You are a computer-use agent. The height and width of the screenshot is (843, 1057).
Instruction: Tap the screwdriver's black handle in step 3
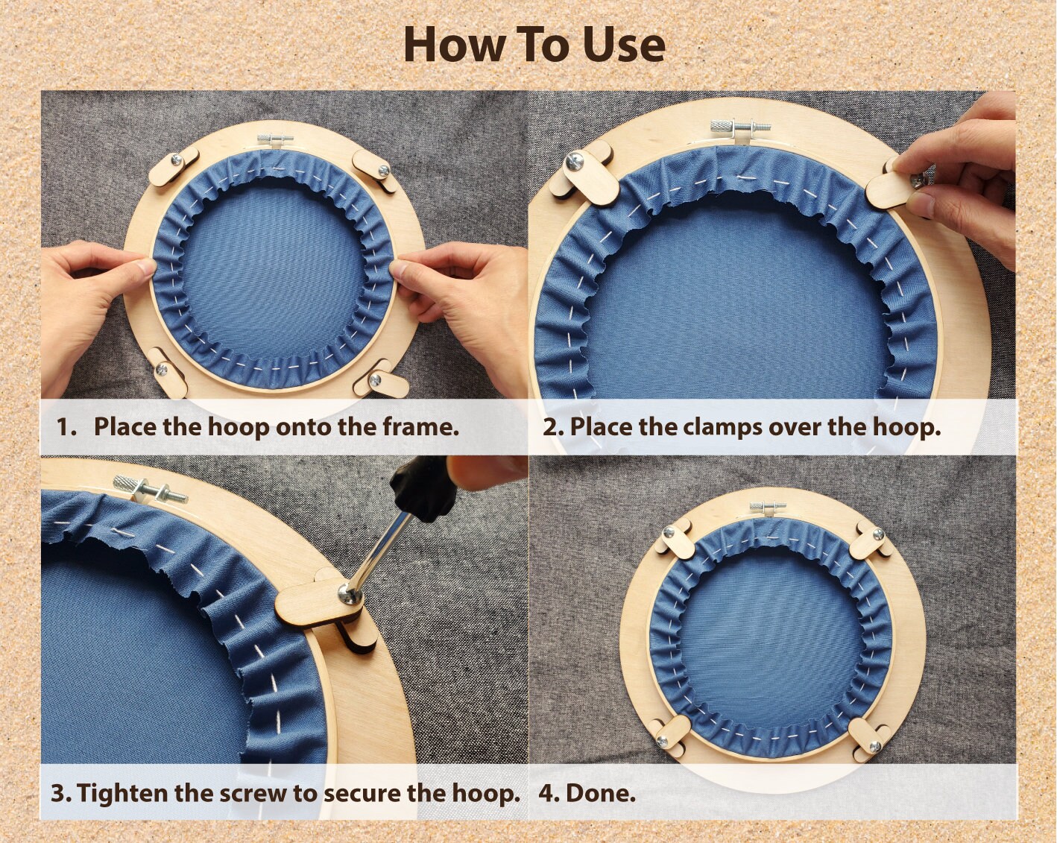click(423, 489)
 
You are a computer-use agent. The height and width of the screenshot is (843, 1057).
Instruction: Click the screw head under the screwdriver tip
click(350, 596)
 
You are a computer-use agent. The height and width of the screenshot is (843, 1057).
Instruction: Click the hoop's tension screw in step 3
click(149, 489)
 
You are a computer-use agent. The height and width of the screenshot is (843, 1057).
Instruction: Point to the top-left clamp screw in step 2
click(575, 161)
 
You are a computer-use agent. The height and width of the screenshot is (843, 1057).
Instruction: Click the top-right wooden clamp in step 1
click(376, 170)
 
